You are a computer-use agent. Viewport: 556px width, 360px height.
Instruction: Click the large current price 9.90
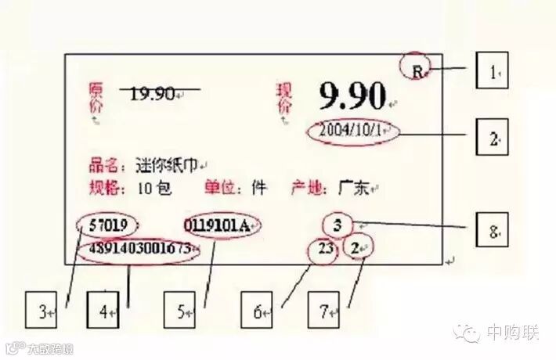click(x=352, y=95)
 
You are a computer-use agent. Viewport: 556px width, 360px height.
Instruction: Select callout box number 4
click(x=103, y=311)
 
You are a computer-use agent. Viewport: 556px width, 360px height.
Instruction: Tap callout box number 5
click(x=181, y=311)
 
